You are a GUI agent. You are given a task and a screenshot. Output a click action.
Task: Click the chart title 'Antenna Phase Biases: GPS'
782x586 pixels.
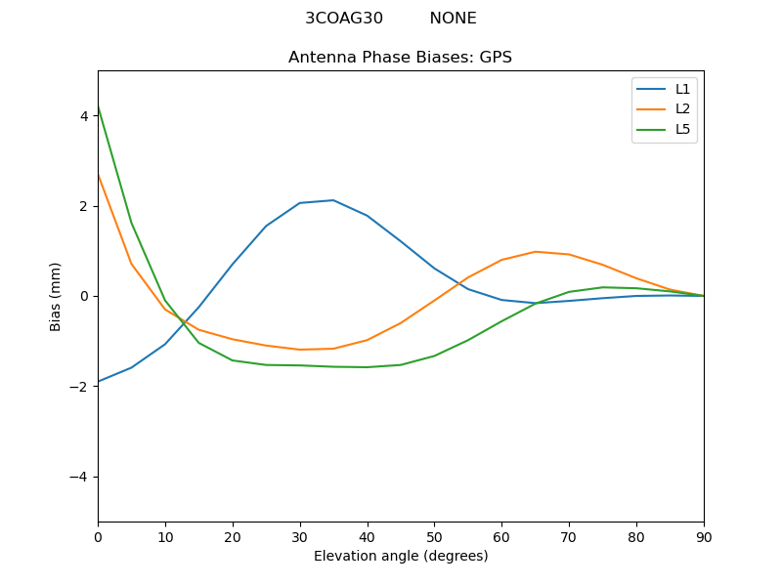400,58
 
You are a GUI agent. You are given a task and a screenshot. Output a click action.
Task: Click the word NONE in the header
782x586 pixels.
453,19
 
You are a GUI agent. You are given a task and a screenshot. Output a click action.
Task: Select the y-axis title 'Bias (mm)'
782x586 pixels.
56,296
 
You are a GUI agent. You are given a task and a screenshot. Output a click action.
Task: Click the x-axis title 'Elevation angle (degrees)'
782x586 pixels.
400,556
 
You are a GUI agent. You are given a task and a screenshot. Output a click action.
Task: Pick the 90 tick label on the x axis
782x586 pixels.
704,536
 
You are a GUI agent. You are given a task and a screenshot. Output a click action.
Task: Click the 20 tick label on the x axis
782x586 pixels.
233,536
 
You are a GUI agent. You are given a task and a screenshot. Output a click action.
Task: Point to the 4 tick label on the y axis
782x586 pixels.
84,116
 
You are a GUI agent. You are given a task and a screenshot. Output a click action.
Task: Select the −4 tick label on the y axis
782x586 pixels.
80,477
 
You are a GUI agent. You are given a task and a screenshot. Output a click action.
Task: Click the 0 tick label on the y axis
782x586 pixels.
84,296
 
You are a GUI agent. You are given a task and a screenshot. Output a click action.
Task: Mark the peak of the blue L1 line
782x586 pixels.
333,200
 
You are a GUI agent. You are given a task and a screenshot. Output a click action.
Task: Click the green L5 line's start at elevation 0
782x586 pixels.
98,106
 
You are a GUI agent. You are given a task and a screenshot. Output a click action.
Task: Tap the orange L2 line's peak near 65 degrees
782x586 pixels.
536,252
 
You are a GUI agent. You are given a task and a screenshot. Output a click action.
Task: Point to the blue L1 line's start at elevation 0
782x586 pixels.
98,382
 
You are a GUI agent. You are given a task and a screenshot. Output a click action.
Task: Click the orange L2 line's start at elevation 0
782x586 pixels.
98,174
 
